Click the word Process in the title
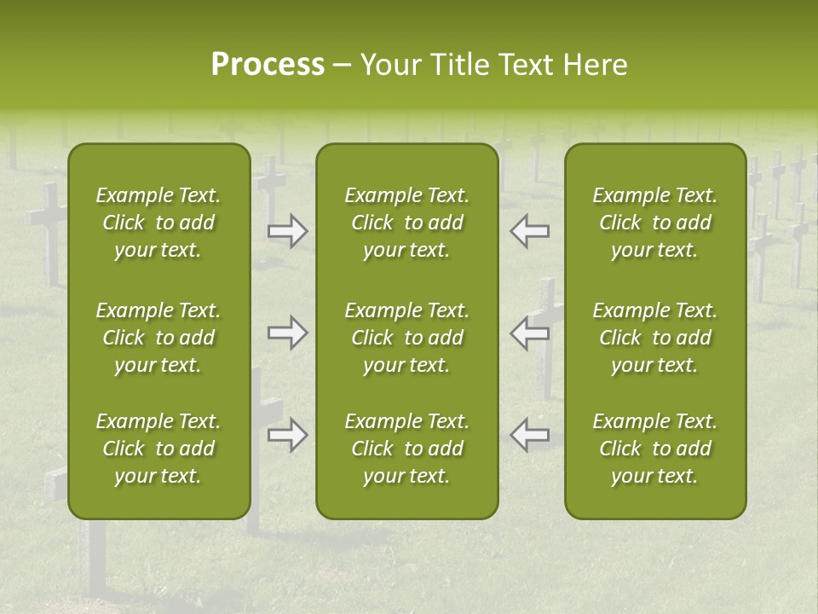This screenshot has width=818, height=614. click(x=268, y=65)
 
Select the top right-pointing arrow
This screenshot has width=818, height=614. click(x=287, y=231)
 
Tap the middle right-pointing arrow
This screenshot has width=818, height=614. click(x=287, y=333)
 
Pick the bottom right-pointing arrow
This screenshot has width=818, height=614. click(x=287, y=435)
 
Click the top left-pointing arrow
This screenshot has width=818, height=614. click(x=530, y=231)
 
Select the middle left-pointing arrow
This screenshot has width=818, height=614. click(x=530, y=333)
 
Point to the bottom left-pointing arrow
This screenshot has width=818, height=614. click(x=530, y=435)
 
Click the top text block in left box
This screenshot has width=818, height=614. click(x=158, y=223)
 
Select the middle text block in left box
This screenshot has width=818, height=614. click(x=158, y=338)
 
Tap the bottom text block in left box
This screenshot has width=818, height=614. click(x=158, y=449)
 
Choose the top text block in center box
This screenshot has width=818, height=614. click(x=406, y=223)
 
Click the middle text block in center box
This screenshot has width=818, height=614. click(x=406, y=338)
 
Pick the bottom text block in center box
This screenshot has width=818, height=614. click(x=406, y=449)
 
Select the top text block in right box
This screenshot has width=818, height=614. click(x=654, y=223)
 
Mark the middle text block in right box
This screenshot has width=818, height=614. click(x=654, y=338)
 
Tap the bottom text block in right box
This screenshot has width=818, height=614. click(x=654, y=449)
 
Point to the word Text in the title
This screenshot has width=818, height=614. click(x=527, y=65)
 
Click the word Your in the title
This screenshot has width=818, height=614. click(x=389, y=65)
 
